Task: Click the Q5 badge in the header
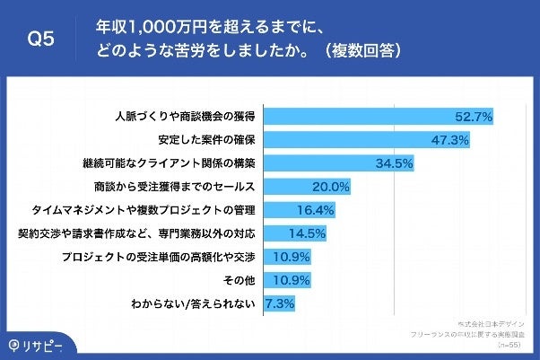pos(41,40)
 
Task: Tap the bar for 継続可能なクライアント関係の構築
pos(318,163)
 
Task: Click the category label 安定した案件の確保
pos(202,140)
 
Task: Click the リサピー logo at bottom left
pos(38,344)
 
